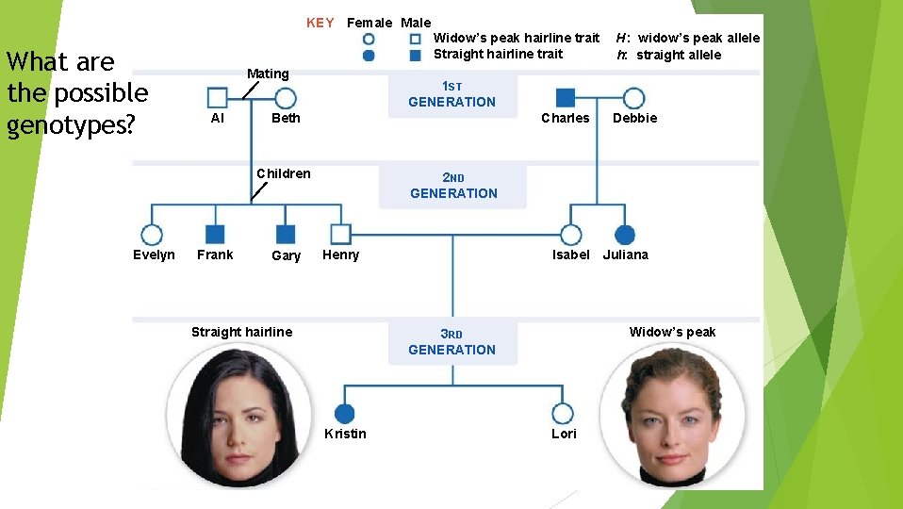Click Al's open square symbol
217,98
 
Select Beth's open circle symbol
286,98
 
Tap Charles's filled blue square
566,98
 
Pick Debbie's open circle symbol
634,98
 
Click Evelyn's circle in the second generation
152,235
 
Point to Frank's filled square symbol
215,235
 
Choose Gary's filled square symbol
286,235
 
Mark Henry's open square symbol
341,235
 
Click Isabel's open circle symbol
570,235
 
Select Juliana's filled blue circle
625,235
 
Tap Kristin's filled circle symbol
345,414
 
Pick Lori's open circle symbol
563,414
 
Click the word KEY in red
320,23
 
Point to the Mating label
268,74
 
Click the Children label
284,173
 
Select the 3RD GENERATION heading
451,342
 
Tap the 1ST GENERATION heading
451,94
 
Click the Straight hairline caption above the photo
241,332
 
